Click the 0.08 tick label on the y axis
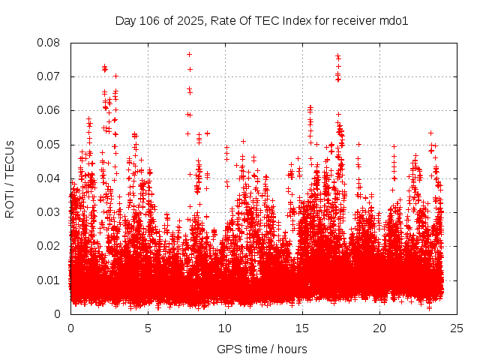(x=49, y=43)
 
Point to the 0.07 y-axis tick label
(x=49, y=76)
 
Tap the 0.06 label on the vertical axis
(x=49, y=110)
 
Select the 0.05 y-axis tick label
(x=49, y=144)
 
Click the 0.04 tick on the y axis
(x=49, y=178)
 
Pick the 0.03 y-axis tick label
(x=49, y=212)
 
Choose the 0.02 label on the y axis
(x=49, y=246)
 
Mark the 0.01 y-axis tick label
(x=49, y=280)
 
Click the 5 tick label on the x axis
(x=148, y=328)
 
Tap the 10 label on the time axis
(x=225, y=328)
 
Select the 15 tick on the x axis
(x=302, y=328)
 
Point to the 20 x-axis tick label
(x=379, y=328)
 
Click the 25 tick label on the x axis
(x=457, y=328)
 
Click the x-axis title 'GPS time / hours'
(x=262, y=349)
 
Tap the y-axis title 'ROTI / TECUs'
(x=10, y=178)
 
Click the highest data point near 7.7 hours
(x=189, y=54)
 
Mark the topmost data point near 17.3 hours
(x=337, y=55)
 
